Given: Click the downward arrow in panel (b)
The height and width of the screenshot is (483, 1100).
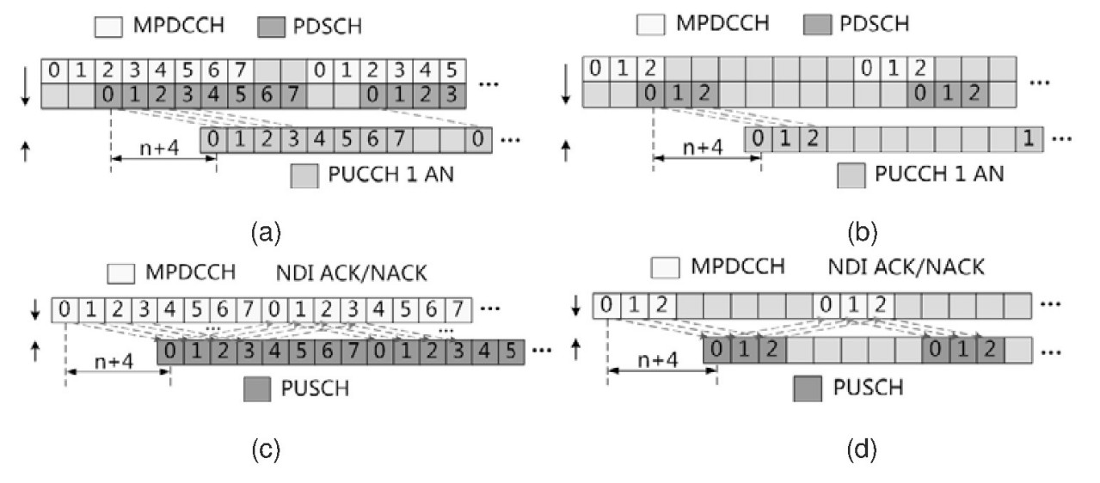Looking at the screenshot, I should (565, 83).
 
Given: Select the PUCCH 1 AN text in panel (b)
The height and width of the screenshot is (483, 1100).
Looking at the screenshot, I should (939, 174).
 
